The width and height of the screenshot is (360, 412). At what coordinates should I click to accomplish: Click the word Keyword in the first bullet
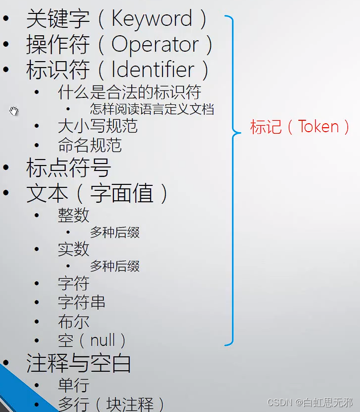coord(152,19)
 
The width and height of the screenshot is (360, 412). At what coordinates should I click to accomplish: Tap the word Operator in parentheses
coord(155,44)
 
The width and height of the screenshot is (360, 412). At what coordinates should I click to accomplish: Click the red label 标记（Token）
coord(301,127)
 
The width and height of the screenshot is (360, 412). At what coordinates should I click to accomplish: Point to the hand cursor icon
coord(14,111)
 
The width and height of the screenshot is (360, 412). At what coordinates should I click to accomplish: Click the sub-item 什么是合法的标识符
coord(129,92)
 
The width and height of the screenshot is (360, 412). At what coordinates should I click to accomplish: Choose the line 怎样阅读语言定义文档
coord(152,109)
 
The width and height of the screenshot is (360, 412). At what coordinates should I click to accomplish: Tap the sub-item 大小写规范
coord(97,126)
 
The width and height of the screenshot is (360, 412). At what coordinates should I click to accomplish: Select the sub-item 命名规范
coord(90,146)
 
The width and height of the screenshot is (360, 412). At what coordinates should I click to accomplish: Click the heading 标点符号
coord(68,168)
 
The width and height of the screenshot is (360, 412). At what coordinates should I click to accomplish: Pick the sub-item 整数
coord(74,215)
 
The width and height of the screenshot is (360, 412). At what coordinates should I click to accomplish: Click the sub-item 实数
coord(74,249)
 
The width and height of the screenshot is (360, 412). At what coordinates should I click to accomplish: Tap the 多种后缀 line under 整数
coord(114,232)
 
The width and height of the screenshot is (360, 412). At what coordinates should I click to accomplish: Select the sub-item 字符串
coord(82,302)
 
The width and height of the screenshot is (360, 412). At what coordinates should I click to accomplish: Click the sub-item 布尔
coord(74,322)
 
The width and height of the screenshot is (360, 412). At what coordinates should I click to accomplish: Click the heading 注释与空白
coord(79,364)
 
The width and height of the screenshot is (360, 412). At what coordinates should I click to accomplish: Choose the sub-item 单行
coord(74,385)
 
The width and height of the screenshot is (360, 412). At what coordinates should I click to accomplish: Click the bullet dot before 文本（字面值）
coord(6,192)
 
